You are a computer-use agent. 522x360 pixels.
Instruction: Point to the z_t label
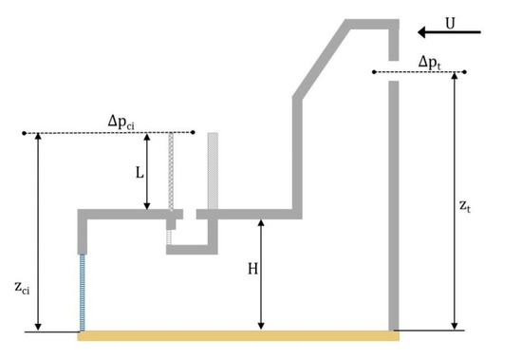tap(464, 205)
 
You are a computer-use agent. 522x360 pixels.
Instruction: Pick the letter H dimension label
tap(253, 270)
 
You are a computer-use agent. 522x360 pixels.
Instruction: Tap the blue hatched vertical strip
tap(84, 292)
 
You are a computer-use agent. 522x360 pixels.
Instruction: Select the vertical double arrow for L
tap(148, 172)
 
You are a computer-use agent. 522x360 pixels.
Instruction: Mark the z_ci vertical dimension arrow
tap(38, 232)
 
